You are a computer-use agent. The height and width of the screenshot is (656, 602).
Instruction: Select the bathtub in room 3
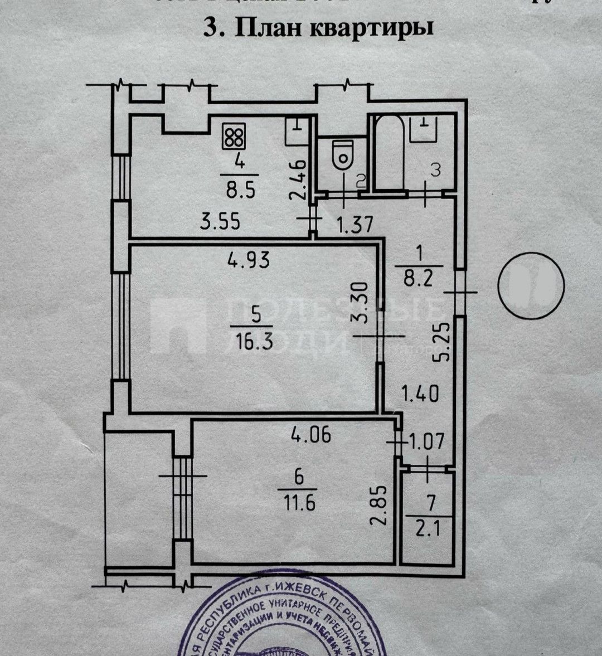pyautogui.click(x=389, y=152)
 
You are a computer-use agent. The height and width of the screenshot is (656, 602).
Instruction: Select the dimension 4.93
pyautogui.click(x=248, y=259)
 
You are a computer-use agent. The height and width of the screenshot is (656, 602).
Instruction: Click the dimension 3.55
pyautogui.click(x=220, y=221)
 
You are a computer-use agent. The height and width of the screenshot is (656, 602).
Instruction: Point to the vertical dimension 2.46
pyautogui.click(x=298, y=180)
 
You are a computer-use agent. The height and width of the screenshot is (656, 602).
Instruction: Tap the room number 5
pyautogui.click(x=255, y=316)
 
